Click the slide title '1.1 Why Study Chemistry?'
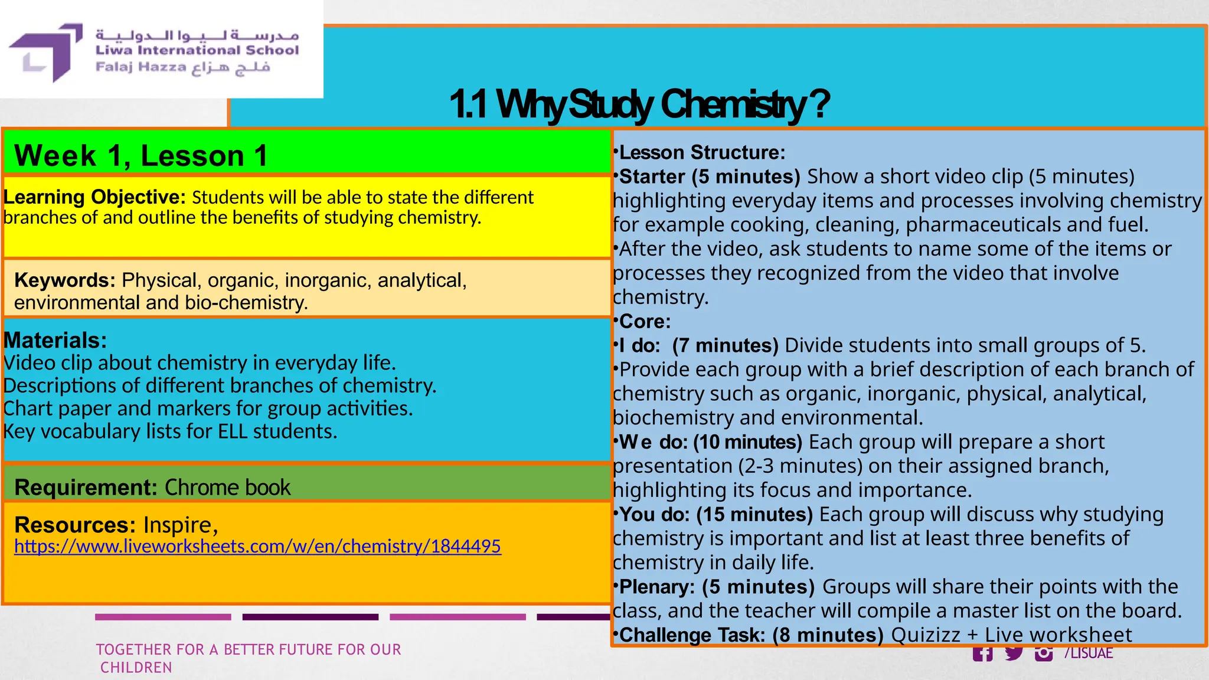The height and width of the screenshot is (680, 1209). [x=639, y=104]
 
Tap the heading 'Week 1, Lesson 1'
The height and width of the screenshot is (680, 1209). [x=140, y=156]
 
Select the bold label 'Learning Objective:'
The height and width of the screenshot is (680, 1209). [x=94, y=197]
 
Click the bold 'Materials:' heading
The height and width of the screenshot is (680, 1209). [x=55, y=341]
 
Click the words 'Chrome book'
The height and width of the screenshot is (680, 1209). [x=227, y=488]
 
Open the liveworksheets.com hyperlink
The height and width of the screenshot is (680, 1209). [x=257, y=547]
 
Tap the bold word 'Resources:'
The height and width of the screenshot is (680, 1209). [x=75, y=525]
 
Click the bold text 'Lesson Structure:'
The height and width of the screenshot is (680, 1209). [x=702, y=153]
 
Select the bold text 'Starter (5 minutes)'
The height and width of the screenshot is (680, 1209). [x=710, y=176]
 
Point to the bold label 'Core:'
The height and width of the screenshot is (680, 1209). [x=645, y=322]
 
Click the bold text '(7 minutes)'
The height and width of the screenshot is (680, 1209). [x=726, y=345]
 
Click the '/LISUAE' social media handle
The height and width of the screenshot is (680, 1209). [x=1089, y=653]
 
